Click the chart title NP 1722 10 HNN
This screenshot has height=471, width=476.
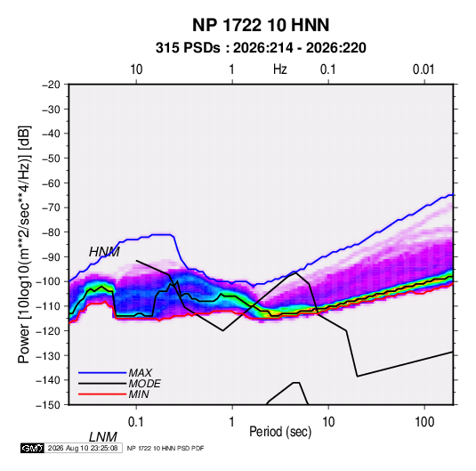pyautogui.click(x=261, y=25)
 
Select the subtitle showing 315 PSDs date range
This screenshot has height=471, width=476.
pyautogui.click(x=261, y=48)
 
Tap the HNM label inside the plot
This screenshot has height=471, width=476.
pyautogui.click(x=104, y=252)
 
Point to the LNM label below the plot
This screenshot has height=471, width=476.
pyautogui.click(x=103, y=437)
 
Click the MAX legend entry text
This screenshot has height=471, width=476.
pyautogui.click(x=141, y=372)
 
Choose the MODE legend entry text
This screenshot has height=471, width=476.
pyautogui.click(x=144, y=384)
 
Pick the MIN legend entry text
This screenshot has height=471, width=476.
pyautogui.click(x=139, y=394)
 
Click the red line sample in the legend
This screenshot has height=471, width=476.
pyautogui.click(x=102, y=394)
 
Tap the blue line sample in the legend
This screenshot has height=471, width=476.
pyautogui.click(x=102, y=372)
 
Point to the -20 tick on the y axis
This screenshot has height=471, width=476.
pyautogui.click(x=51, y=85)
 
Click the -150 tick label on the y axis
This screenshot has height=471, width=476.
pyautogui.click(x=48, y=405)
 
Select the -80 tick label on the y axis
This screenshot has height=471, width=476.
pyautogui.click(x=51, y=232)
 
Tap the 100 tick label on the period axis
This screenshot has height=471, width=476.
pyautogui.click(x=424, y=422)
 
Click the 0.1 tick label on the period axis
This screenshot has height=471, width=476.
pyautogui.click(x=136, y=422)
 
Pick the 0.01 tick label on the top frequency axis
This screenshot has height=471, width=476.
pyautogui.click(x=424, y=69)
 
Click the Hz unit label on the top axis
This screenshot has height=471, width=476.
pyautogui.click(x=280, y=69)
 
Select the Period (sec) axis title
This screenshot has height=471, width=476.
pyautogui.click(x=280, y=432)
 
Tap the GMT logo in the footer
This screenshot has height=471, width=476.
pyautogui.click(x=33, y=448)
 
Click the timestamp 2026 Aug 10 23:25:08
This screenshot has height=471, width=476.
pyautogui.click(x=83, y=448)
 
